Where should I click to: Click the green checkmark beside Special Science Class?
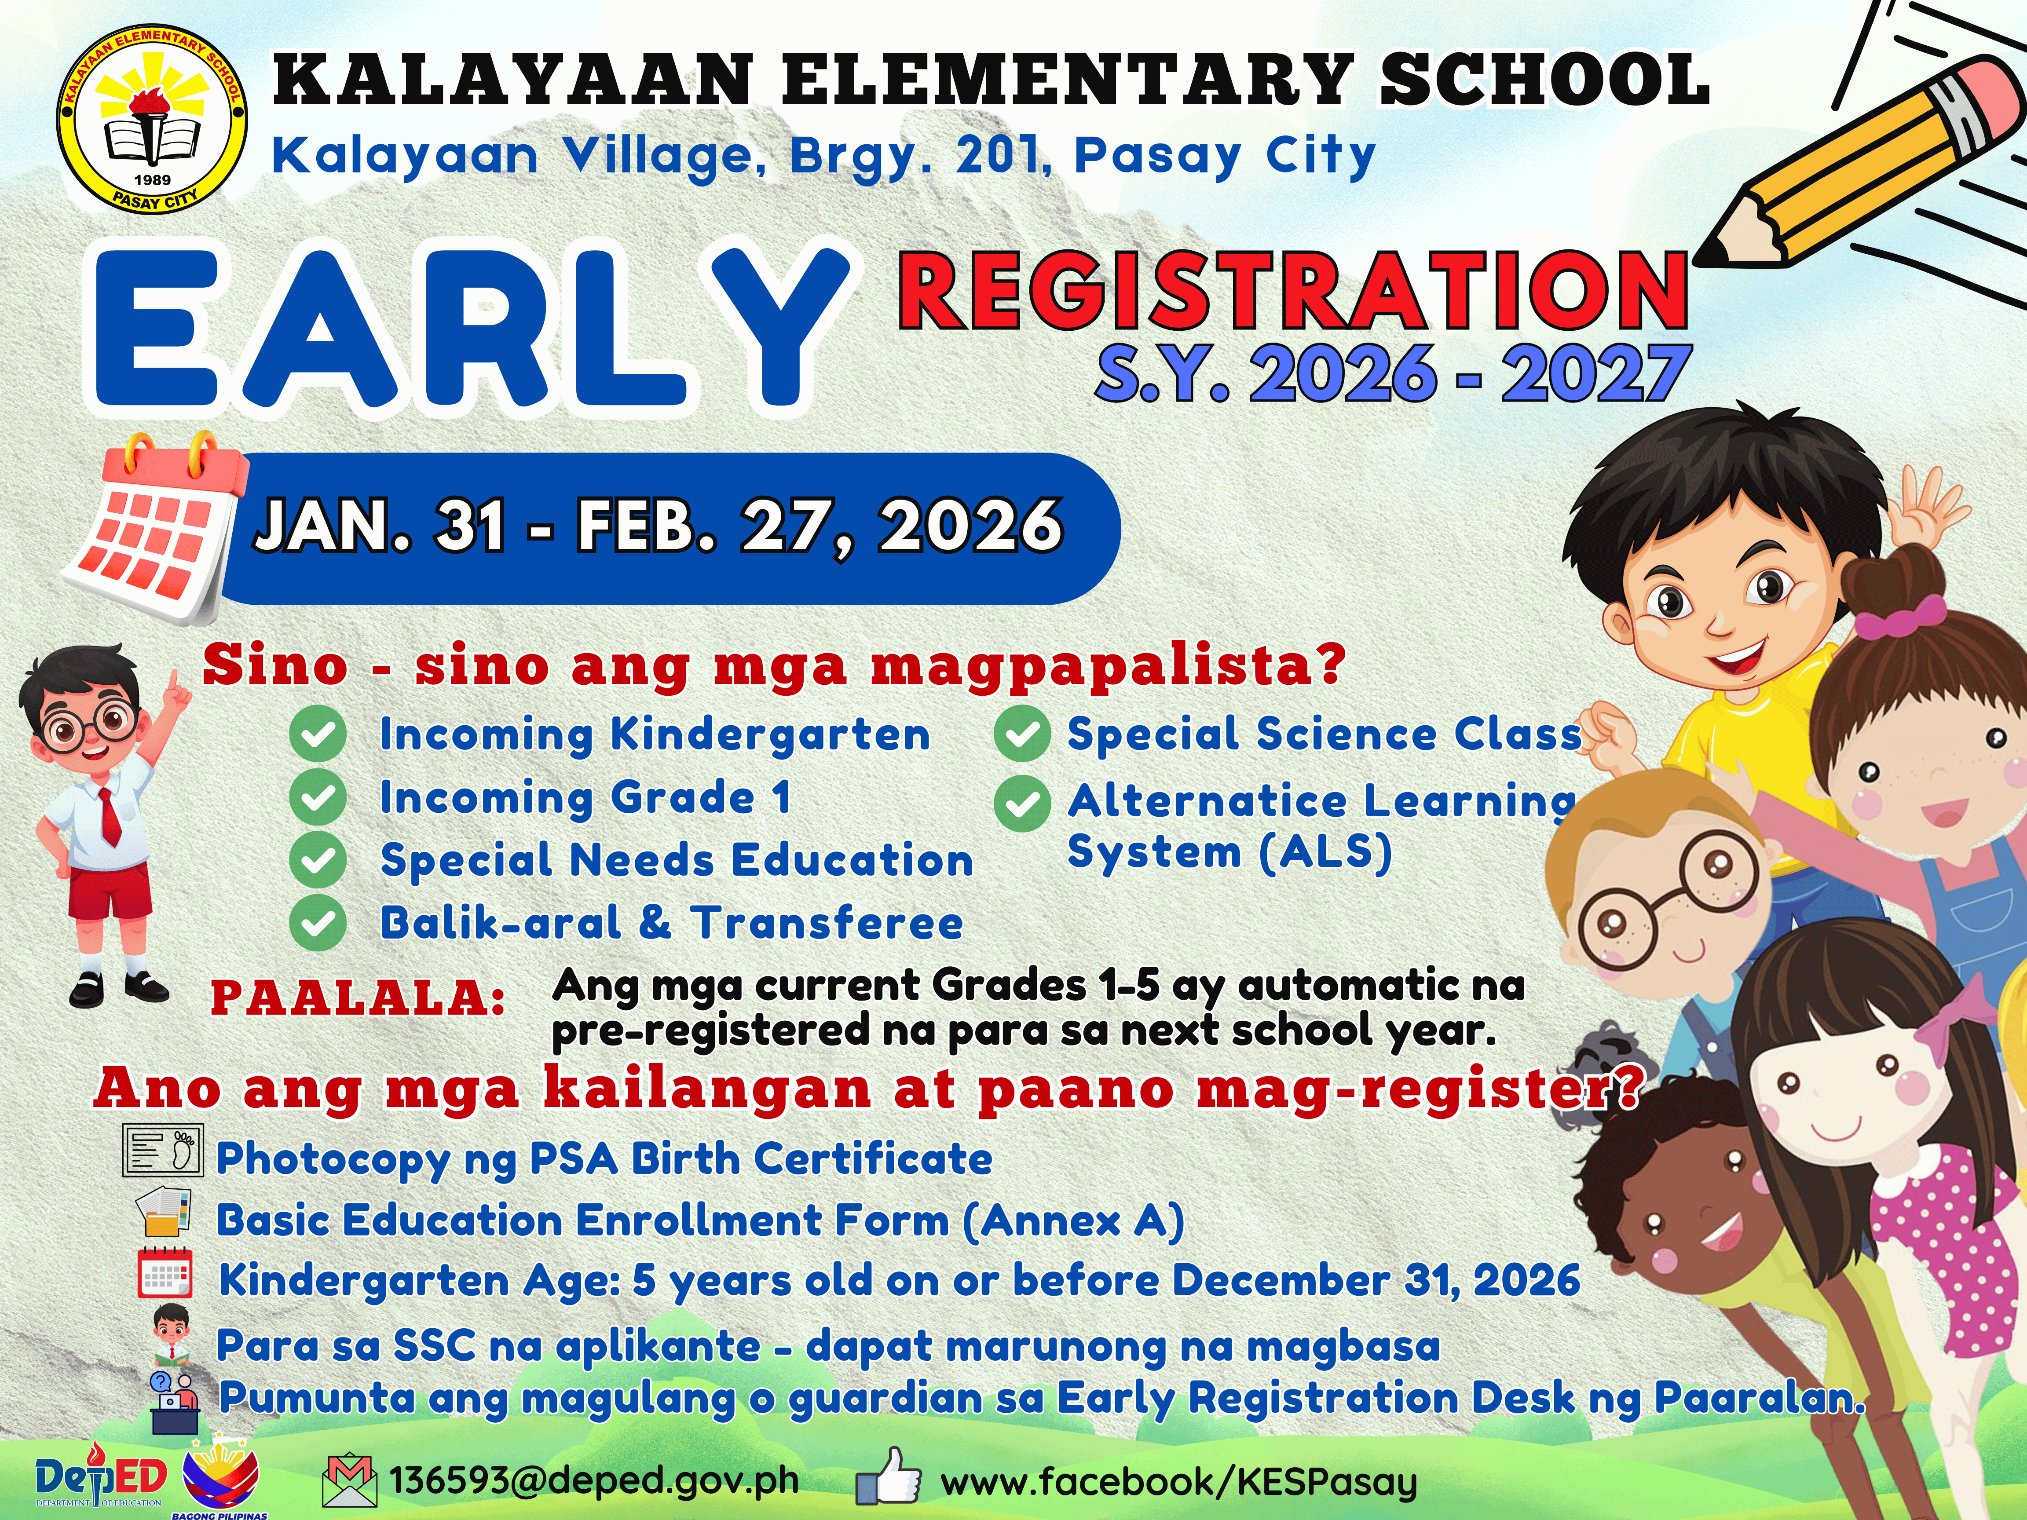coord(1022,734)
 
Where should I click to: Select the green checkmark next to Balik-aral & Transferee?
coord(317,923)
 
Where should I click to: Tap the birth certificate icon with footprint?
coord(162,1152)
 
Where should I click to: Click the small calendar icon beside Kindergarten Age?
coord(165,1273)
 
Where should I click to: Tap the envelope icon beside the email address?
coord(349,1482)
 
